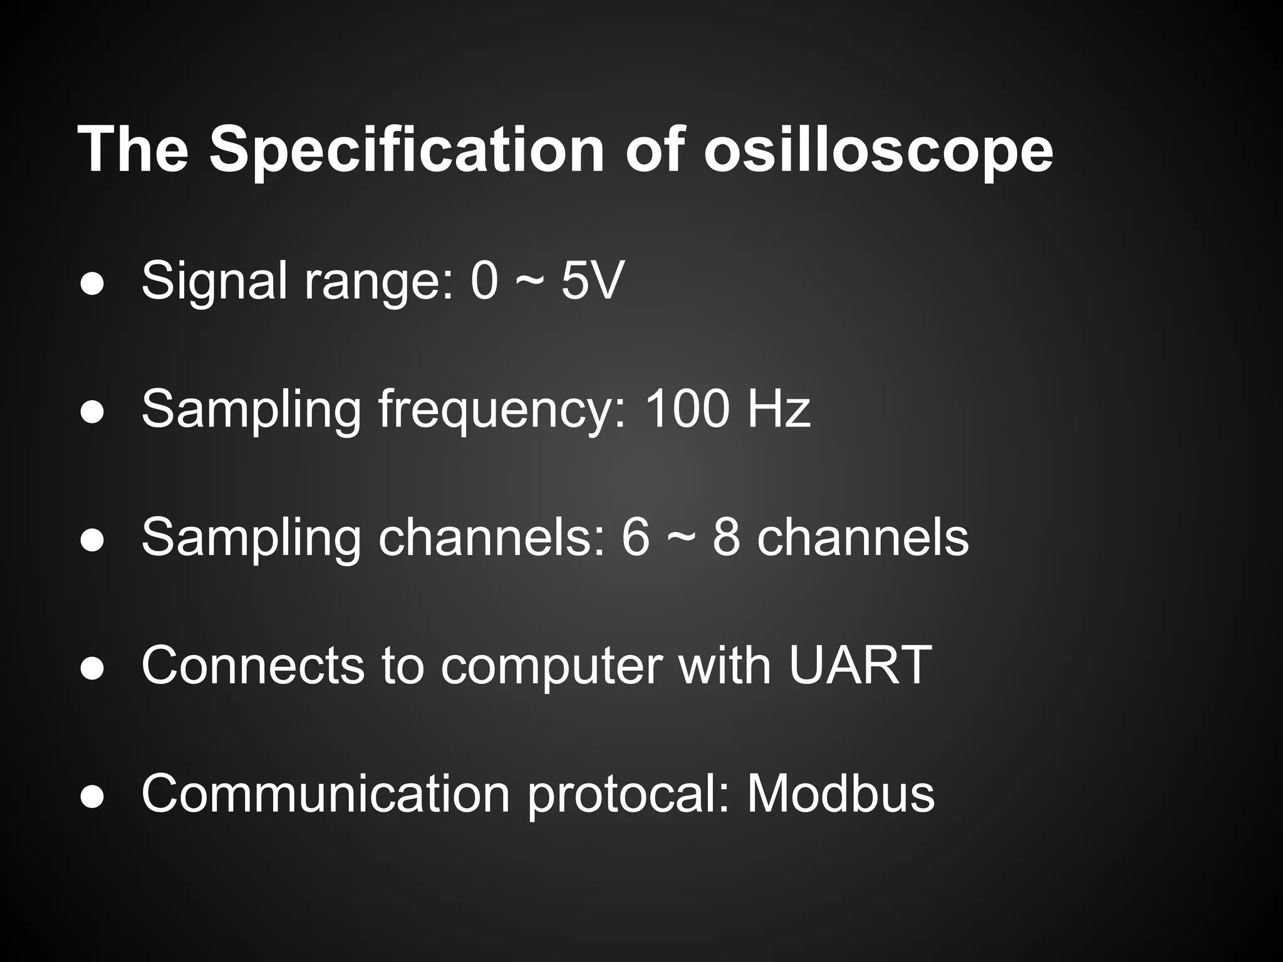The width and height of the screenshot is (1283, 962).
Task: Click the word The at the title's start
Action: (132, 150)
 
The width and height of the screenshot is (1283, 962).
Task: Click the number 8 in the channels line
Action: (726, 537)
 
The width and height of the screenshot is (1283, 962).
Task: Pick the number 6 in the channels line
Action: (636, 537)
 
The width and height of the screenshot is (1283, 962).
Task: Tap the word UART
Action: (860, 665)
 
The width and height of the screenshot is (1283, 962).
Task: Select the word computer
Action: (551, 666)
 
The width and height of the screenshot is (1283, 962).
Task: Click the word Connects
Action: (252, 665)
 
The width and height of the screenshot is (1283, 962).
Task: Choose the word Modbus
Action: (840, 794)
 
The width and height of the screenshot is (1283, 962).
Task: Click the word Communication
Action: (326, 794)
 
